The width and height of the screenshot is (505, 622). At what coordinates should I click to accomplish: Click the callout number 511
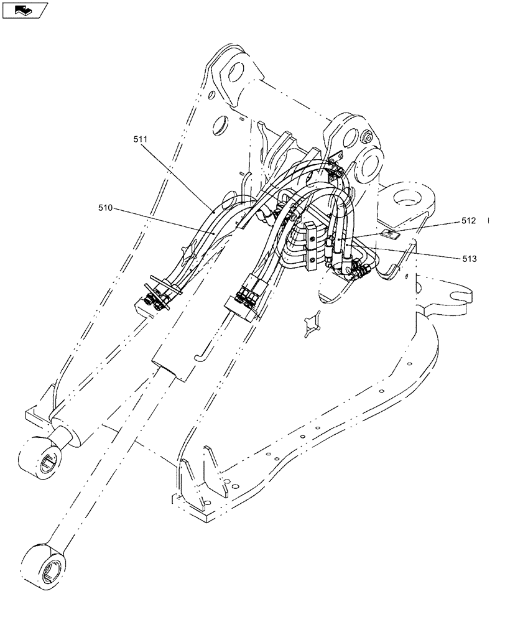click(140, 140)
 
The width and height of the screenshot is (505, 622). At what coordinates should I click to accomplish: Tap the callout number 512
click(470, 220)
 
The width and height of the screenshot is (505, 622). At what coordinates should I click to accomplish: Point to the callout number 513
click(470, 258)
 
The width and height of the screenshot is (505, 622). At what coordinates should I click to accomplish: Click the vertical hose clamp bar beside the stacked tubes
click(310, 246)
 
